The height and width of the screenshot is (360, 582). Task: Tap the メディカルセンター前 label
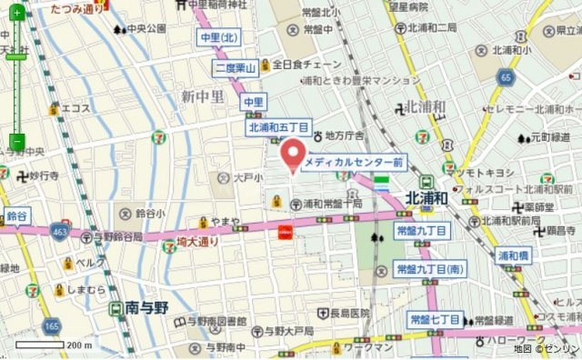click(354, 161)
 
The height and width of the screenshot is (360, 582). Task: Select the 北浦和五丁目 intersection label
click(279, 128)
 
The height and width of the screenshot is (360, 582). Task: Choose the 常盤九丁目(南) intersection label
click(430, 269)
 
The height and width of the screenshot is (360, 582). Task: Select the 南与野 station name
click(143, 307)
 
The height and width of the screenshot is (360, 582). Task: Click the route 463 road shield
click(59, 231)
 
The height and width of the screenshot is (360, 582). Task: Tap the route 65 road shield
click(505, 79)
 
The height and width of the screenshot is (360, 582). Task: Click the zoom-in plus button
click(16, 14)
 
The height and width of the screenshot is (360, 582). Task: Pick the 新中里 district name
click(201, 96)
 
